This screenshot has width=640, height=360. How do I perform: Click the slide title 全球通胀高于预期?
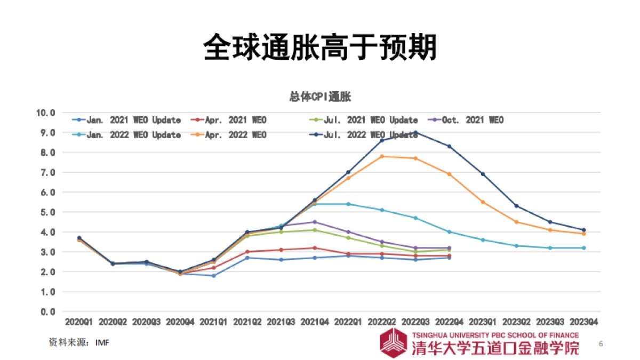(320, 47)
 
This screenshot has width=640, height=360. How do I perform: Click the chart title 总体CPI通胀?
(320, 97)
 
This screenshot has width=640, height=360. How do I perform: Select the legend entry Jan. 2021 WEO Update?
(127, 121)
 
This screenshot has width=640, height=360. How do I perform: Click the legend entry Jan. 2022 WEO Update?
(127, 135)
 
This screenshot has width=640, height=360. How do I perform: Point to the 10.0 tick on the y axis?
(45, 113)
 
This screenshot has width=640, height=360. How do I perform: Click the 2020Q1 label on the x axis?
(79, 322)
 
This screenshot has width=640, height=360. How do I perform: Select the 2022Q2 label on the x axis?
(382, 322)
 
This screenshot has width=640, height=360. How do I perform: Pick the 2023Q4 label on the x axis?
(583, 322)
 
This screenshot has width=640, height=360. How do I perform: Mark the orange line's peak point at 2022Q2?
(382, 156)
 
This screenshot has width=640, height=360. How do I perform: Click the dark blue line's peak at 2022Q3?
(415, 132)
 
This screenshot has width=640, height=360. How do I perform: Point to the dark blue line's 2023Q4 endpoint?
(583, 230)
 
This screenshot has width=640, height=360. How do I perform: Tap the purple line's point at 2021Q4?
(315, 222)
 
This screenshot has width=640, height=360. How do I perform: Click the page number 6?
(601, 343)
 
